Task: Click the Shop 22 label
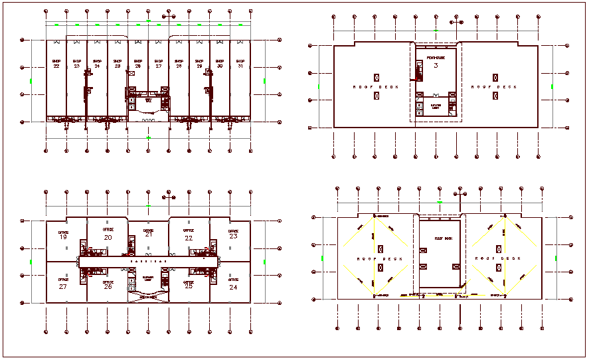[56, 64]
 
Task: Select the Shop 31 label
[240, 64]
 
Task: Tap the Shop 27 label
[159, 64]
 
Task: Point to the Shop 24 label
[97, 64]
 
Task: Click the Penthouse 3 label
[436, 63]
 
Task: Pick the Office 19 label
[64, 234]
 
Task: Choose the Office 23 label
[233, 234]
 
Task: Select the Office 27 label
[64, 286]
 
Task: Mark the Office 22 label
[189, 235]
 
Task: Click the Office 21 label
[148, 232]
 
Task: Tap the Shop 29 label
[199, 64]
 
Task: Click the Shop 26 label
[138, 64]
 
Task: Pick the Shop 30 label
[220, 64]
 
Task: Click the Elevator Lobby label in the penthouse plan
[436, 106]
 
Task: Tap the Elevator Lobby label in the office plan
[148, 278]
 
